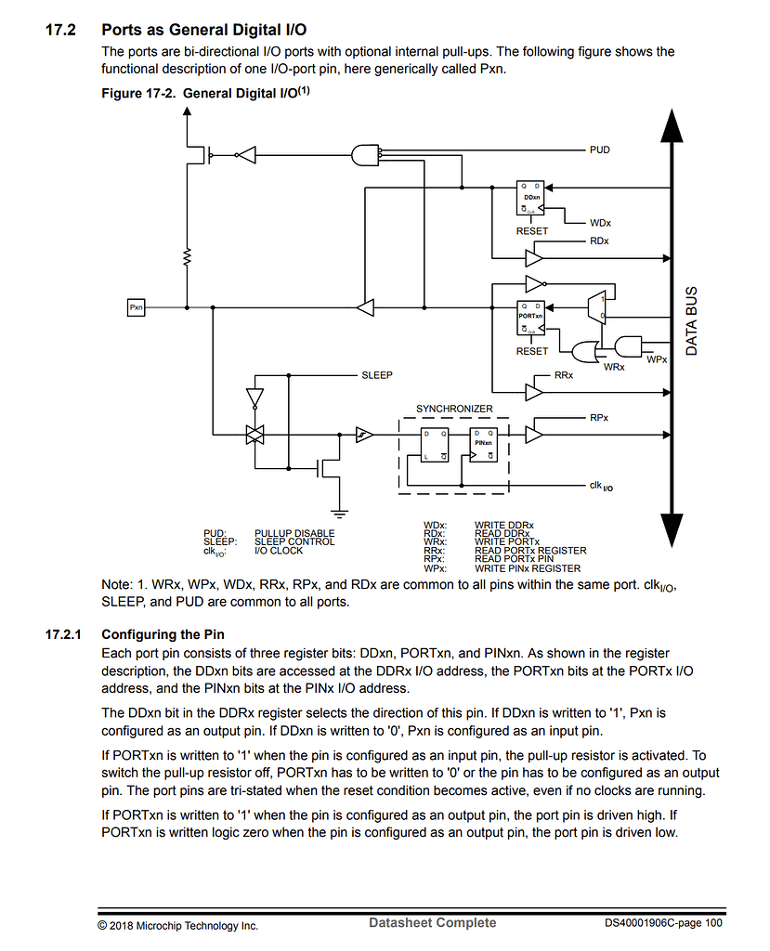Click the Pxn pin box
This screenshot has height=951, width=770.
pyautogui.click(x=136, y=306)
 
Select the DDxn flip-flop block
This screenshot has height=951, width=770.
pyautogui.click(x=532, y=197)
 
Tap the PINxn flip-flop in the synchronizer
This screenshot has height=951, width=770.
pyautogui.click(x=481, y=444)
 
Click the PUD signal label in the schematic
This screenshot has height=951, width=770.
pyautogui.click(x=600, y=150)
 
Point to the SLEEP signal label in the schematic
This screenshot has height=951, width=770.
pyautogui.click(x=376, y=375)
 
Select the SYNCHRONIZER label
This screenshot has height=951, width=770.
pyautogui.click(x=454, y=409)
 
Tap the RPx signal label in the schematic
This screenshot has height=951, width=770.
pyautogui.click(x=599, y=418)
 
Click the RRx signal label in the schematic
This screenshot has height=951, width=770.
pyautogui.click(x=564, y=375)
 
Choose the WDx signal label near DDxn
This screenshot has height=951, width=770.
pyautogui.click(x=600, y=223)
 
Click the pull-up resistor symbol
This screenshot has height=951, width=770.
pyautogui.click(x=187, y=255)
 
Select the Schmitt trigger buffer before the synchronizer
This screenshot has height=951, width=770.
pyautogui.click(x=364, y=434)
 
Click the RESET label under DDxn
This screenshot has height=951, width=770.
pyautogui.click(x=532, y=231)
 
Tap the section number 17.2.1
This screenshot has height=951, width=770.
pyautogui.click(x=64, y=635)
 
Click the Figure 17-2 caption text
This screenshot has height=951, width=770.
pyautogui.click(x=204, y=93)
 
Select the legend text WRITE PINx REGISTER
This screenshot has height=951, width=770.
pyautogui.click(x=527, y=568)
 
